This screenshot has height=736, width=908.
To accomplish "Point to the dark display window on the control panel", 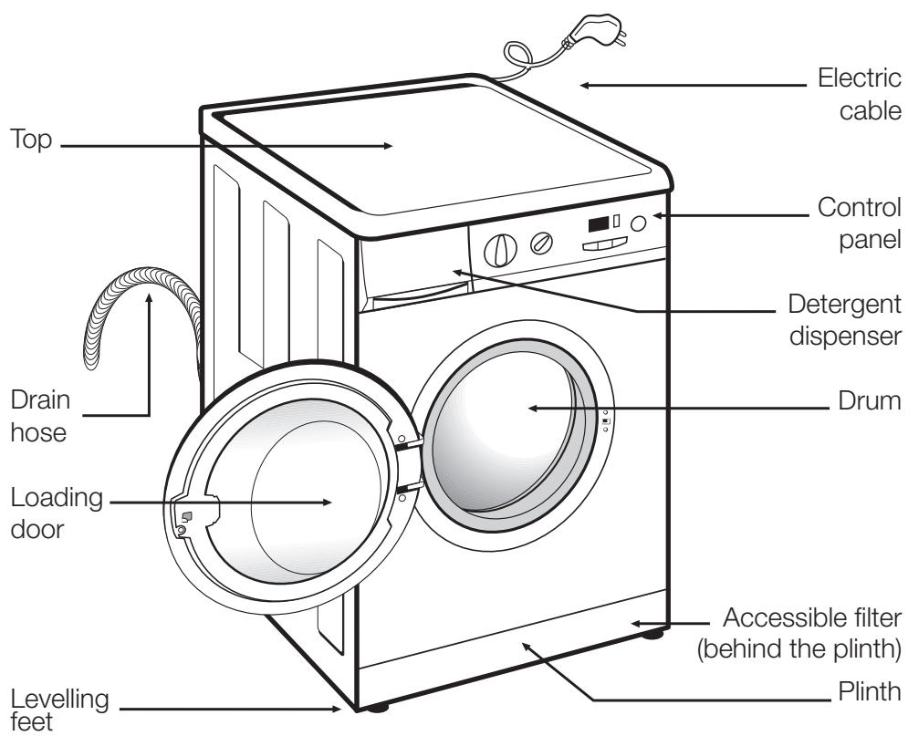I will click(599, 224).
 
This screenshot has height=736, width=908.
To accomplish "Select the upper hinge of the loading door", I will click(408, 444).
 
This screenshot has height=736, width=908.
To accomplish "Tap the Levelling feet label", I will click(60, 709).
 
